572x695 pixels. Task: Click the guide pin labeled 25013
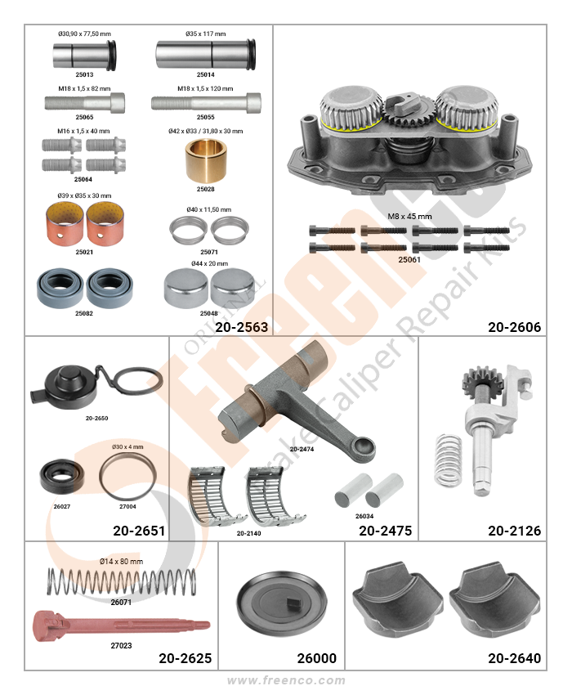[85, 55]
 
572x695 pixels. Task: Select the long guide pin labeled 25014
[206, 54]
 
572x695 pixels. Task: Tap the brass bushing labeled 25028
[206, 160]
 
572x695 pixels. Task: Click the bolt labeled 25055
[206, 103]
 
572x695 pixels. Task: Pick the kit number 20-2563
[242, 327]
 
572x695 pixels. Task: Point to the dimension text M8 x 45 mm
[409, 217]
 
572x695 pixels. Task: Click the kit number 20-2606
[515, 327]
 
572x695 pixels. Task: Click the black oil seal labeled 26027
[61, 477]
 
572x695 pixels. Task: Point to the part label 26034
[364, 516]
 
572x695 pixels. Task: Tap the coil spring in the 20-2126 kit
[449, 460]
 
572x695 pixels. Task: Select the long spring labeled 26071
[121, 581]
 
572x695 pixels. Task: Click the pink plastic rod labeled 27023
[121, 625]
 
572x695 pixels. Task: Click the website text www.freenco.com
[286, 680]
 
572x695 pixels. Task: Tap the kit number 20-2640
[515, 658]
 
